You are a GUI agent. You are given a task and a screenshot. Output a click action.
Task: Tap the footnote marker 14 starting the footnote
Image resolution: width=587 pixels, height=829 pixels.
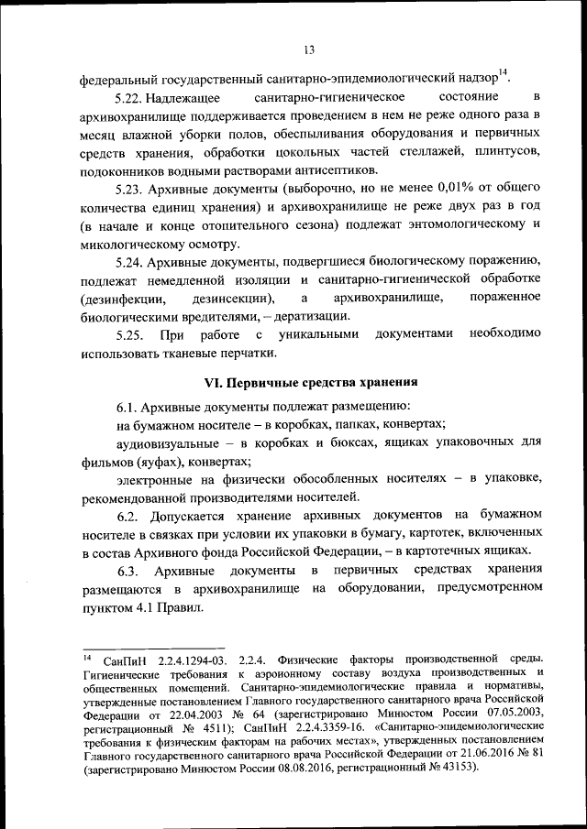pos(86,657)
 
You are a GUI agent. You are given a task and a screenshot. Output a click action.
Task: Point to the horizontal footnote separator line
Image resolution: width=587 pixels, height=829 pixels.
pos(152,647)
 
